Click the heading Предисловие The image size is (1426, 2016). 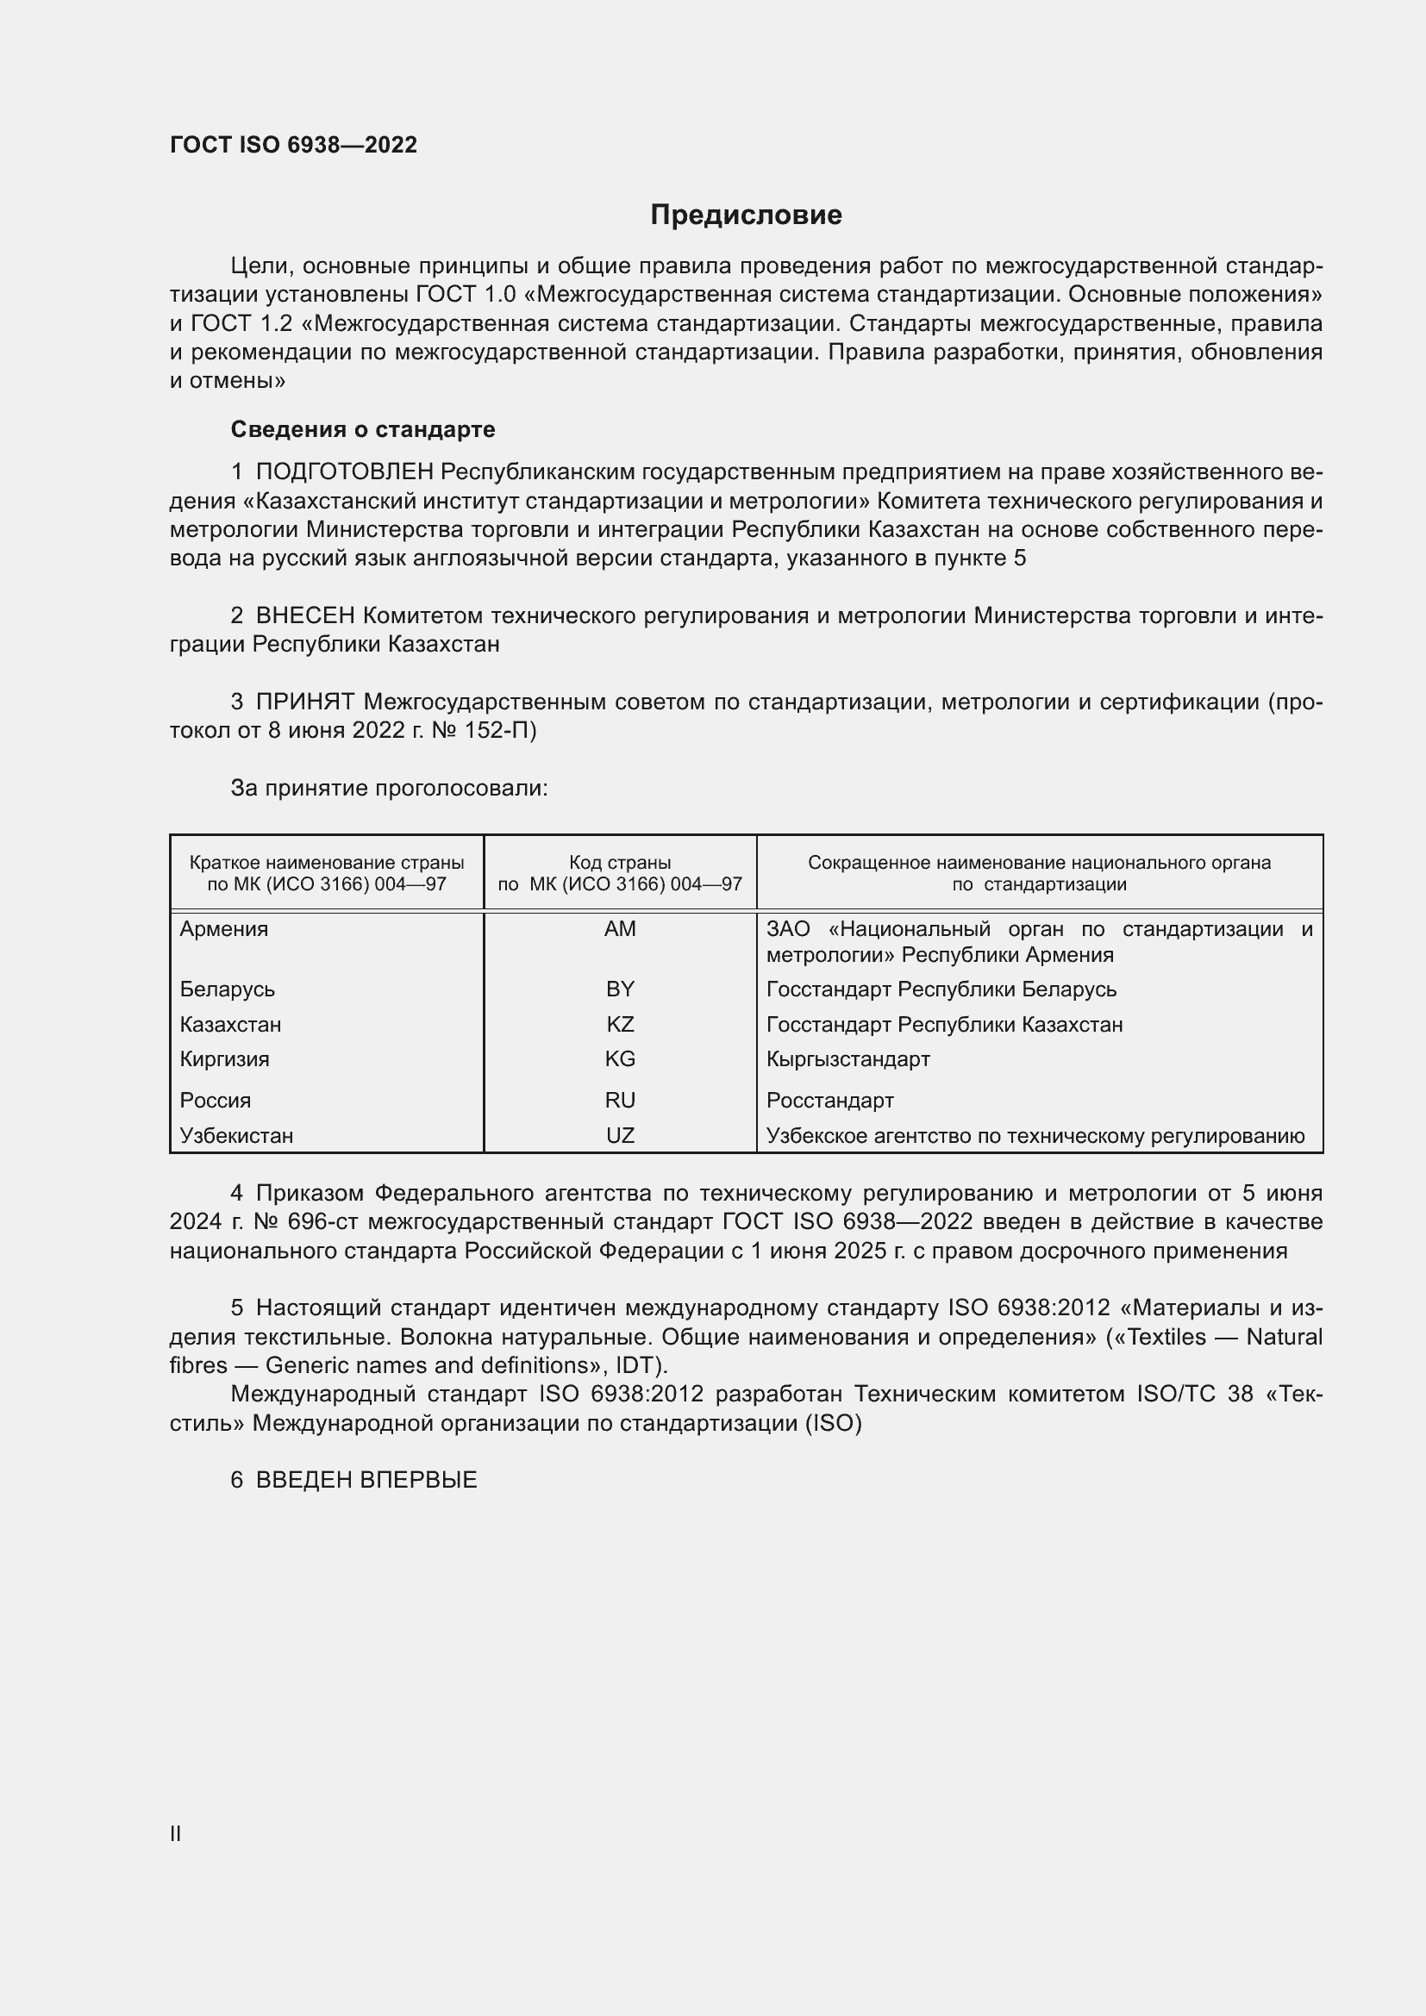pyautogui.click(x=746, y=215)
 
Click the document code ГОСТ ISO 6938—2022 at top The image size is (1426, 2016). pyautogui.click(x=293, y=145)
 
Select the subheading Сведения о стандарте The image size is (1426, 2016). pyautogui.click(x=363, y=429)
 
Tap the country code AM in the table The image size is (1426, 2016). pyautogui.click(x=620, y=929)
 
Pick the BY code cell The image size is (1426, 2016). pyautogui.click(x=620, y=989)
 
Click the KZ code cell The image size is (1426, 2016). pyautogui.click(x=620, y=1025)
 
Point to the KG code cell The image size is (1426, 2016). pyautogui.click(x=620, y=1059)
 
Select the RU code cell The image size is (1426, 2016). pyautogui.click(x=620, y=1100)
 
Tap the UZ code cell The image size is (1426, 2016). pyautogui.click(x=620, y=1135)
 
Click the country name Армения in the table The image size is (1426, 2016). pyautogui.click(x=224, y=929)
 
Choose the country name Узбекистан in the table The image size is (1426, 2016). pyautogui.click(x=236, y=1135)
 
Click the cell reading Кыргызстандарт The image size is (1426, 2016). pyautogui.click(x=847, y=1059)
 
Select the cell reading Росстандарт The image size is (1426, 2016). pyautogui.click(x=829, y=1100)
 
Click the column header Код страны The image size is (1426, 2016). pyautogui.click(x=620, y=863)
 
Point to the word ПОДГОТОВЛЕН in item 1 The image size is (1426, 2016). pyautogui.click(x=344, y=472)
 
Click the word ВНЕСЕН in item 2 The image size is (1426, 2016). pyautogui.click(x=304, y=616)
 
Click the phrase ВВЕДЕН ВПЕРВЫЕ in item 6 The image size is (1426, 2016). pyautogui.click(x=366, y=1481)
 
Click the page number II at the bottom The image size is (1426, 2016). pyautogui.click(x=176, y=1827)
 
